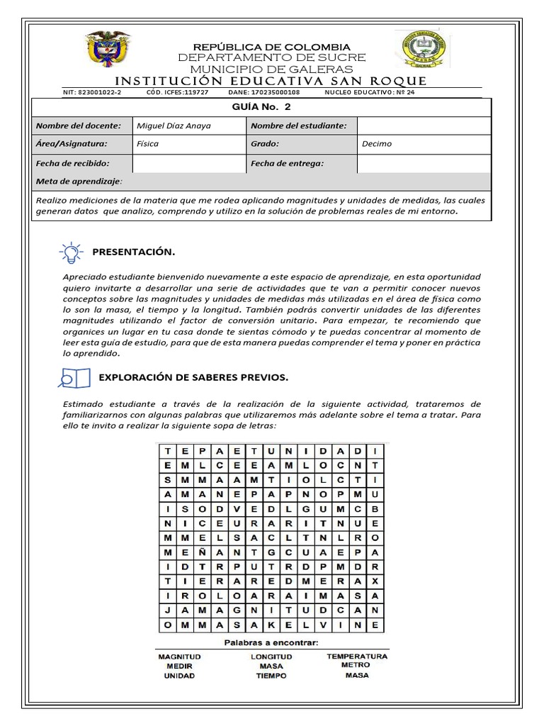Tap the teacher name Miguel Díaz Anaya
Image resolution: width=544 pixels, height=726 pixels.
click(x=174, y=125)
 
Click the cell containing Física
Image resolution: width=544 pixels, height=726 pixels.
click(x=147, y=144)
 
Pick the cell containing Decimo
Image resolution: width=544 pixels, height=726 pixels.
click(x=377, y=144)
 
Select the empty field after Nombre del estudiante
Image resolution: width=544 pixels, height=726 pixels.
click(x=422, y=125)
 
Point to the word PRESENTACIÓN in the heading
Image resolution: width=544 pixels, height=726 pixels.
click(x=133, y=252)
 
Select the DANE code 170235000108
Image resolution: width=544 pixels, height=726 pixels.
click(x=274, y=92)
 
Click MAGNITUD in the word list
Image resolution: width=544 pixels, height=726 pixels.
click(x=180, y=657)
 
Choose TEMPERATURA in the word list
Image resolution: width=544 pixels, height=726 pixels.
click(x=356, y=657)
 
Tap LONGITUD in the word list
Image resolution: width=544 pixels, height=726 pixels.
click(x=271, y=657)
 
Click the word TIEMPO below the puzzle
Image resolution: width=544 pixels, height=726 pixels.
click(x=271, y=676)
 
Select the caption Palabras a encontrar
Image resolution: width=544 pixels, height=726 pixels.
click(x=271, y=642)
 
